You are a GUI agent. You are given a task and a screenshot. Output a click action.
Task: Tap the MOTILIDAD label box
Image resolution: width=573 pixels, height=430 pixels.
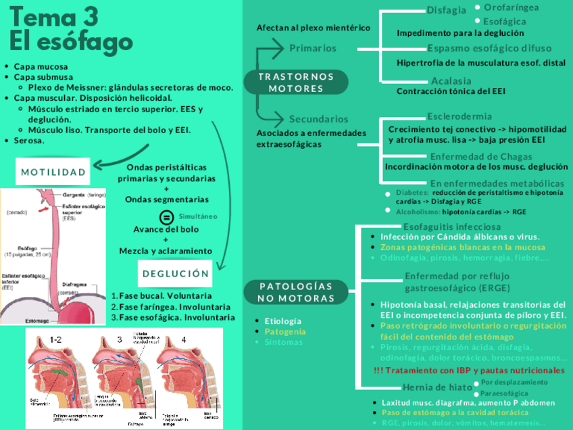coord(54,172)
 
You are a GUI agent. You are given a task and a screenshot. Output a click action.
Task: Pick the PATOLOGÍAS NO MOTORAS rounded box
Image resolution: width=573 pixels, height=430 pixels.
coord(297,292)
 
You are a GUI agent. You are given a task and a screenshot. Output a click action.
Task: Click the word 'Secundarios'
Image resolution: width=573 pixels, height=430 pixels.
coord(319,119)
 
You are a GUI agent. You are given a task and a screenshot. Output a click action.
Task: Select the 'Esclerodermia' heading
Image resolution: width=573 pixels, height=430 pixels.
coord(459,116)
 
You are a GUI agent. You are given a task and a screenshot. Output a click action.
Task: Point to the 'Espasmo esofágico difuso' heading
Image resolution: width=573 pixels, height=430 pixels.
coord(489,49)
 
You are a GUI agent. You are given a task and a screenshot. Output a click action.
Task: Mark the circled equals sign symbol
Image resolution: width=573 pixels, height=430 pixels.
coord(166,217)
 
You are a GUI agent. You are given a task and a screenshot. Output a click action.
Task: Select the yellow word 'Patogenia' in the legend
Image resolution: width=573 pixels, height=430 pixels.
coord(284,331)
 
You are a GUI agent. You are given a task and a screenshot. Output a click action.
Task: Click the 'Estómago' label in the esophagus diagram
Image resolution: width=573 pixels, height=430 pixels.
coord(18,319)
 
